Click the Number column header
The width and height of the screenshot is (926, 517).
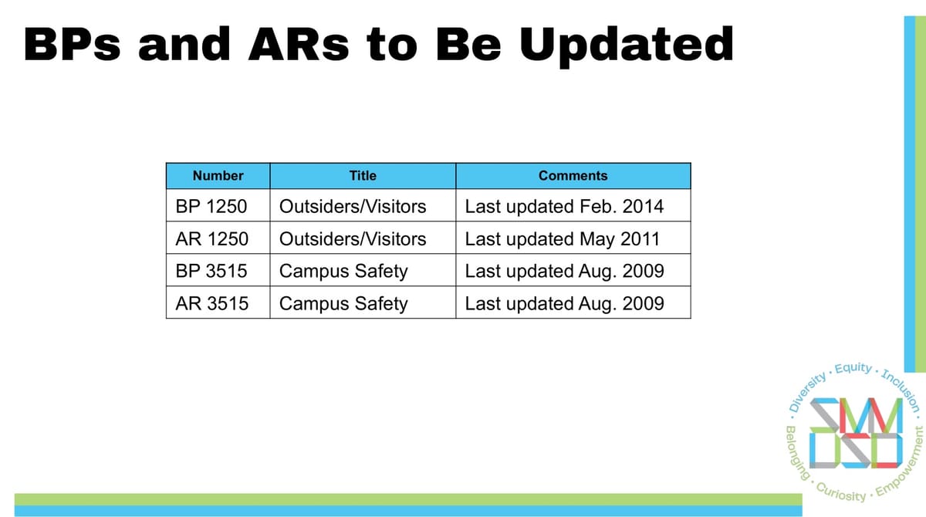218,176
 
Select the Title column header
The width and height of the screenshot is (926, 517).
363,176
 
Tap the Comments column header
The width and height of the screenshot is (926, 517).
573,176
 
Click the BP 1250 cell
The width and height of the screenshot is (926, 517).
218,206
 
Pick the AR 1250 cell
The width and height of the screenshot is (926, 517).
218,238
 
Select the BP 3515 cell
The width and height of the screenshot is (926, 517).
218,271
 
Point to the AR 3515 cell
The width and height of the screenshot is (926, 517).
218,303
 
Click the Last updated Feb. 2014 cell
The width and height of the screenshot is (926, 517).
573,206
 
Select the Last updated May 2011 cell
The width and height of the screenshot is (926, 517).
573,238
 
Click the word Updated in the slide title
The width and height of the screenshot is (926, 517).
626,46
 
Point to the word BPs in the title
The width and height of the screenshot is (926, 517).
73,44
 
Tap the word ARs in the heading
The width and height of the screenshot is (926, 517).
299,44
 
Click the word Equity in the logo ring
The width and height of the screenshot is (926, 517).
853,368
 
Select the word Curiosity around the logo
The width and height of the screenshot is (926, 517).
840,492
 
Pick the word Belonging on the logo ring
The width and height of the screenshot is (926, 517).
796,453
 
